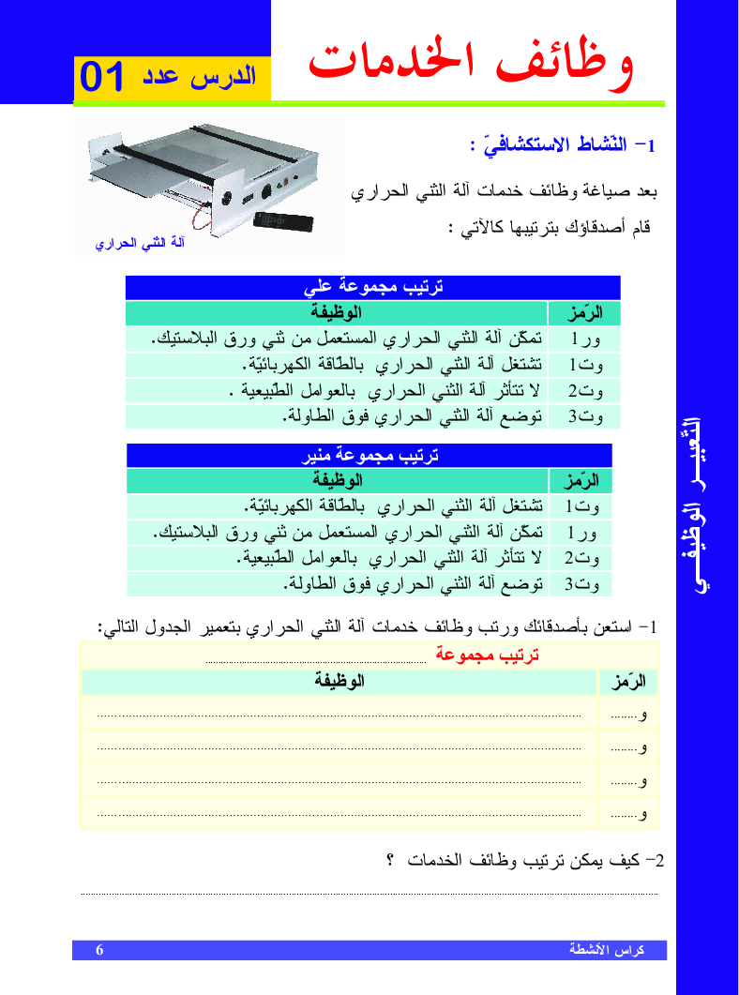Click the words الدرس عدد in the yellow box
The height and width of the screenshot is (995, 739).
(199, 77)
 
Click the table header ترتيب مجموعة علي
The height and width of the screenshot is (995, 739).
(372, 288)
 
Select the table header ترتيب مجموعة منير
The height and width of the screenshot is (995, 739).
(369, 456)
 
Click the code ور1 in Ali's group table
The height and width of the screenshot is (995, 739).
(584, 339)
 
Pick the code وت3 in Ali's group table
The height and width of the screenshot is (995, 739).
(584, 416)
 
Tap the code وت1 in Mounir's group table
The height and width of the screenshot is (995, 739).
(581, 507)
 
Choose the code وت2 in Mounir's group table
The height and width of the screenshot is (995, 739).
(581, 560)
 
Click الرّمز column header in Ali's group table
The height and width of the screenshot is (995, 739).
(584, 313)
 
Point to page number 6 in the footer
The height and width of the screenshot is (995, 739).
(99, 950)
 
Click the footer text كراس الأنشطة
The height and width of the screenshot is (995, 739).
(607, 950)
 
